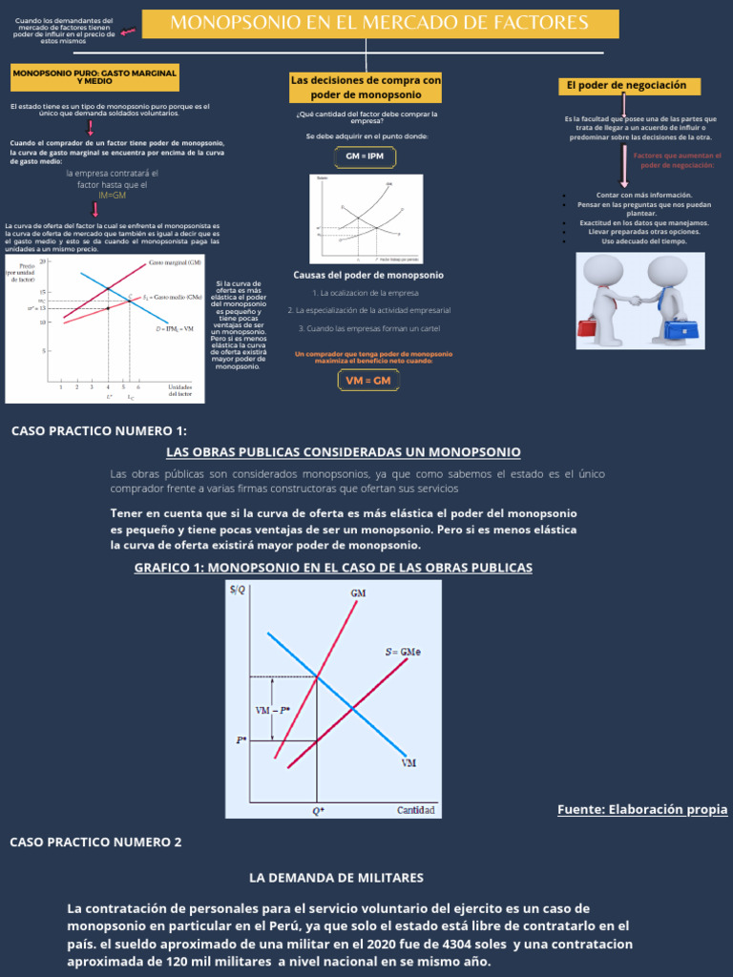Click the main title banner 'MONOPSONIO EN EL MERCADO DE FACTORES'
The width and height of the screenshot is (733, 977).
pos(379,23)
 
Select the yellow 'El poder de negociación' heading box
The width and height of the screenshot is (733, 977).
pos(628,86)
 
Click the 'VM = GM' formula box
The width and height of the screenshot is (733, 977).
pos(367,381)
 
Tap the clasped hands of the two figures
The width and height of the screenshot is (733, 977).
pos(636,299)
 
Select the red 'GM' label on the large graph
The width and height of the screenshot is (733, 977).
pos(358,594)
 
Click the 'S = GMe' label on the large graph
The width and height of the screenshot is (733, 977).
pos(404,653)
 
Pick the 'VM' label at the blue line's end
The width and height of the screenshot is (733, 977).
pos(408,763)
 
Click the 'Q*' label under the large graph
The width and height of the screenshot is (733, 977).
pos(318,811)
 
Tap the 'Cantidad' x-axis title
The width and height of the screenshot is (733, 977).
pos(416,811)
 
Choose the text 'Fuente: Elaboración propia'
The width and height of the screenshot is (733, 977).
pos(642,809)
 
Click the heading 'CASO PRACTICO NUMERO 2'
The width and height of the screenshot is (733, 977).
pos(94,842)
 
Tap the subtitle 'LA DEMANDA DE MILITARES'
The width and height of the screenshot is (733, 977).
pos(336,877)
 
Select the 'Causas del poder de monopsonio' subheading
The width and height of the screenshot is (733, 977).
pos(367,275)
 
